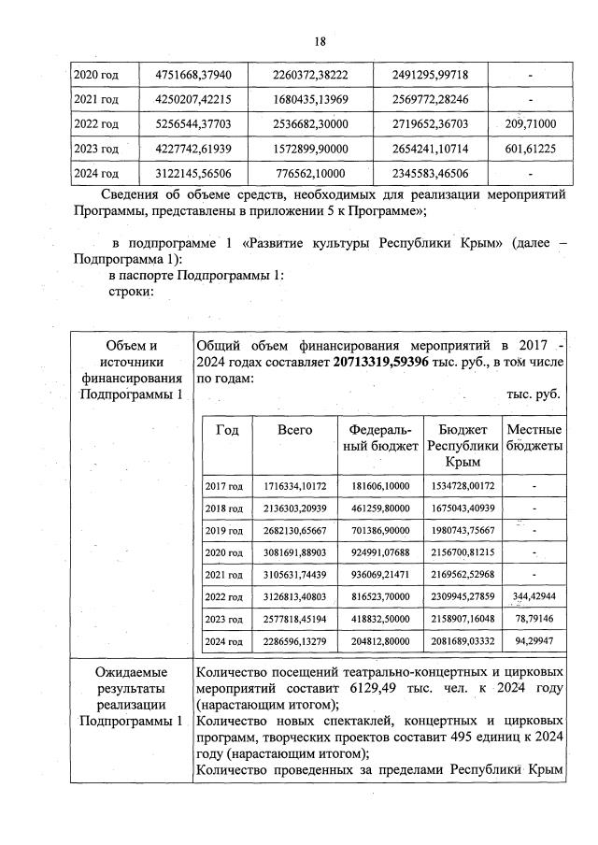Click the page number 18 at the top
320,41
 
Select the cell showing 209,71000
530,123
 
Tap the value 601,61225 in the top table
530,148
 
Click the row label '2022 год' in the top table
97,123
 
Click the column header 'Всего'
294,430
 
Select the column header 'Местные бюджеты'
534,437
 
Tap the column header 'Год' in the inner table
226,430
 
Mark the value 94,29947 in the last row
534,641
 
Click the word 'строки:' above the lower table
130,291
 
